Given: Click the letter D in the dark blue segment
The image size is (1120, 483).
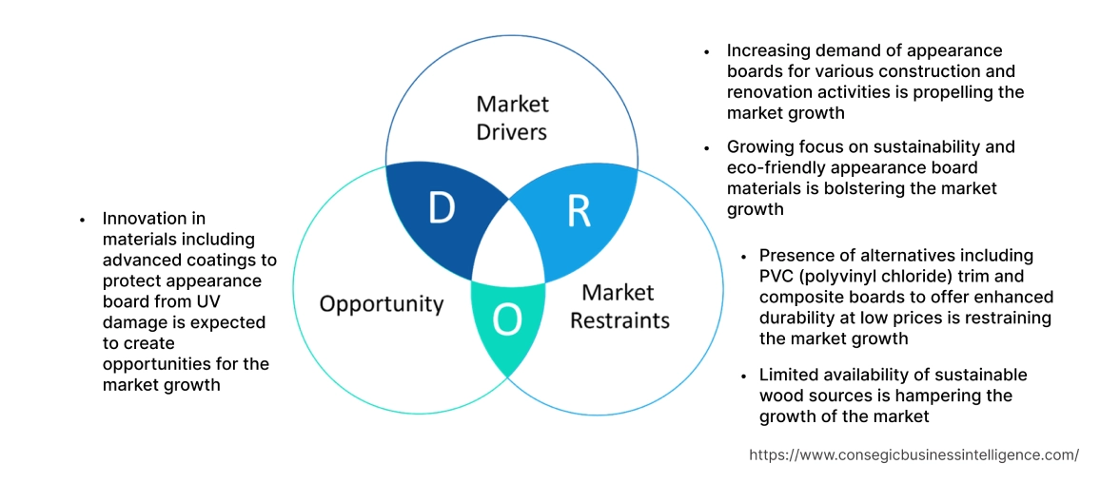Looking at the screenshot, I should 440,208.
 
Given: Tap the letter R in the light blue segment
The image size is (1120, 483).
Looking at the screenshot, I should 579,212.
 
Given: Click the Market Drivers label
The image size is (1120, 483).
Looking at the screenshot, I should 512,117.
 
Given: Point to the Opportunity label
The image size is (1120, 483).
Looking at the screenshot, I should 382,304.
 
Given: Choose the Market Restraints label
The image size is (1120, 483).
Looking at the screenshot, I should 619,305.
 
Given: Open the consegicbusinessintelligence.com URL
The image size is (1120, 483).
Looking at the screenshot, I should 914,454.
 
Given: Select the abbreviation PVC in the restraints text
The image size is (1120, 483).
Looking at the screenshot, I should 776,277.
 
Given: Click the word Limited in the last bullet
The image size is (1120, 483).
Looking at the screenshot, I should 790,376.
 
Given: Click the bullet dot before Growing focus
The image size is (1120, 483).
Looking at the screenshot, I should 707,148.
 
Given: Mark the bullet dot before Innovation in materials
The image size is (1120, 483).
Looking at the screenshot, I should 83,220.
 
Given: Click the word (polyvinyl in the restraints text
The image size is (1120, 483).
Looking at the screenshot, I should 841,277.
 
